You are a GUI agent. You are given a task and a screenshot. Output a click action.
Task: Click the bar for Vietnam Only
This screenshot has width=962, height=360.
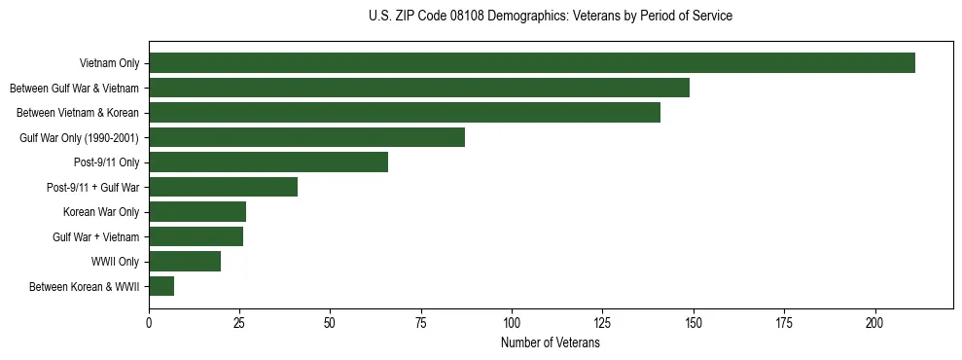click(x=532, y=63)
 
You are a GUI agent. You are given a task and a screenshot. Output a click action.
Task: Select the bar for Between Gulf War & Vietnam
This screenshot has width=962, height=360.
click(x=419, y=88)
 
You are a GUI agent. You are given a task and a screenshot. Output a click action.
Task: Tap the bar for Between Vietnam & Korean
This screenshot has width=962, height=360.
click(x=405, y=113)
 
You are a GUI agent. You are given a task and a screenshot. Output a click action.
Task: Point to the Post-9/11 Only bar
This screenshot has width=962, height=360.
click(x=268, y=162)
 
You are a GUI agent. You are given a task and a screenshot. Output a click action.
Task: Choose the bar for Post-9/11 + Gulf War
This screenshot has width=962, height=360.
click(x=223, y=187)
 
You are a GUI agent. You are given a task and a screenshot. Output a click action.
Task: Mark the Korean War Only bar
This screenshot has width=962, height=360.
click(x=197, y=212)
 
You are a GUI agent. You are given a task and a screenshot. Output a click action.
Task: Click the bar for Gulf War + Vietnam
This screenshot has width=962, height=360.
click(x=196, y=236)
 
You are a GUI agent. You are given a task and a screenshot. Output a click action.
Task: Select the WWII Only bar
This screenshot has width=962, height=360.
click(x=185, y=262)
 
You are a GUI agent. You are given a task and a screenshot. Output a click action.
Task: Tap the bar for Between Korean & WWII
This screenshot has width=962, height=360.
click(x=161, y=286)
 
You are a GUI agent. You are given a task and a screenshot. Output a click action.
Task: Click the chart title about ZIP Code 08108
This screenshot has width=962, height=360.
click(x=551, y=17)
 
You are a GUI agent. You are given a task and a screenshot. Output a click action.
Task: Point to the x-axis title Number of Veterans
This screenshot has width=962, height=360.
click(x=551, y=343)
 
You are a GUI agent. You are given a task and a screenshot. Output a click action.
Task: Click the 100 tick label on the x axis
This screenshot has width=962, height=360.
click(x=512, y=322)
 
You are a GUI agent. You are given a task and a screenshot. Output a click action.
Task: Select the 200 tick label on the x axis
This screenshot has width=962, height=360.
click(x=875, y=322)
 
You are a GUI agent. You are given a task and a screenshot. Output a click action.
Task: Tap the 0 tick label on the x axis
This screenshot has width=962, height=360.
click(x=149, y=322)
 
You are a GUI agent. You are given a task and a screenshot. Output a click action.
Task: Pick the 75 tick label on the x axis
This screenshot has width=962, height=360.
click(x=421, y=322)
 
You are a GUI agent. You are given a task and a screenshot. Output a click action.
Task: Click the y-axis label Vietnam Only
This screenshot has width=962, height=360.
click(x=110, y=64)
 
